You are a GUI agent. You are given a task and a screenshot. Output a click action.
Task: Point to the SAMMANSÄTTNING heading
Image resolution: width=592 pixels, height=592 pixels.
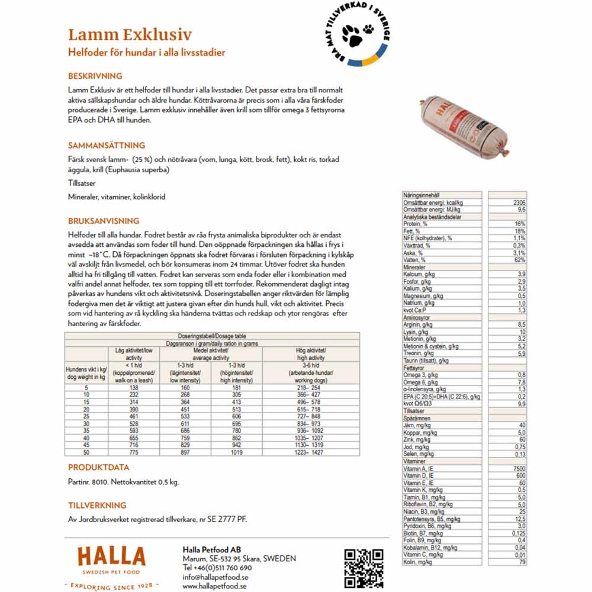(x=107, y=145)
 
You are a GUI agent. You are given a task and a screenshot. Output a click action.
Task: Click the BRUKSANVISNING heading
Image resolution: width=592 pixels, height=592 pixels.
(x=104, y=221)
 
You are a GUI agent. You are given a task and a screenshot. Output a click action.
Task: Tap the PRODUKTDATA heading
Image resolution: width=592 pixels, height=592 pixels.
(x=99, y=468)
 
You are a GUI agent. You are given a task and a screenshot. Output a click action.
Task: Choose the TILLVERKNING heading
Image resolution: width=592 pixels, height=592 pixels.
(x=97, y=505)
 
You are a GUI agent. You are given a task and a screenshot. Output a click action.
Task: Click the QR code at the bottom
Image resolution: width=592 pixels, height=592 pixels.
(x=364, y=568)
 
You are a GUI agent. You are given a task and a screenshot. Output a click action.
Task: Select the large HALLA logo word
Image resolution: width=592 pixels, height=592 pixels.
(x=111, y=558)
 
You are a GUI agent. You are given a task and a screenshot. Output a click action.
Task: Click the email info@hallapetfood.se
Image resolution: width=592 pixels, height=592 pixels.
(x=215, y=577)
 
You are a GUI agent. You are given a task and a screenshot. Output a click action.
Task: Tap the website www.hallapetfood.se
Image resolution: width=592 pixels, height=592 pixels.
(x=214, y=586)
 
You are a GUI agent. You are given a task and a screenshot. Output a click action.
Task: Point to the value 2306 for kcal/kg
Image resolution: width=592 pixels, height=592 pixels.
(x=517, y=202)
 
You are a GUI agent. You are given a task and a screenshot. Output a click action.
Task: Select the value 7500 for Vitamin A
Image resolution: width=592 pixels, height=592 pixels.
(x=517, y=469)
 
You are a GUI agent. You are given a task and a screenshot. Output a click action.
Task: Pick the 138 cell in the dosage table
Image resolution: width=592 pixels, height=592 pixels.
(x=133, y=387)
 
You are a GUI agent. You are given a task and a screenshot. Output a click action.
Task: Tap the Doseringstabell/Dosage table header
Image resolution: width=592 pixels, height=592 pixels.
(x=212, y=336)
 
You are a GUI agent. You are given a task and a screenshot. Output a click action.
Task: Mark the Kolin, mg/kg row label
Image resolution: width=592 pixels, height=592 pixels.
(x=417, y=562)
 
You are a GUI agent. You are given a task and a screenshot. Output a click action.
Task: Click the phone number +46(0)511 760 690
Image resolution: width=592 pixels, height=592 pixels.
(x=217, y=568)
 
